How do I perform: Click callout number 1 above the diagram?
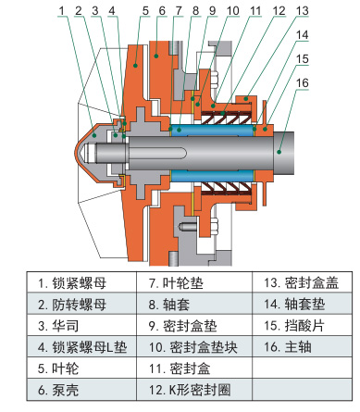coord(61,10)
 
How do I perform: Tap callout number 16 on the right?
coord(302,82)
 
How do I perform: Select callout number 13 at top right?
coord(302,10)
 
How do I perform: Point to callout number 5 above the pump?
coord(145,10)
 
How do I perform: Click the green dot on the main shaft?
coord(279,152)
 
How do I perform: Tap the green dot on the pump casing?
coord(156,56)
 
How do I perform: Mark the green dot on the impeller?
coord(135,65)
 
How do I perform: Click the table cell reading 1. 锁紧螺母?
coord(81,282)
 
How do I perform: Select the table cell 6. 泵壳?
coord(81,390)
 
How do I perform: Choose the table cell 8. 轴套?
coord(194,304)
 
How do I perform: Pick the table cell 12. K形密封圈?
coord(194,390)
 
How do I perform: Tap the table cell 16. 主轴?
coord(302,347)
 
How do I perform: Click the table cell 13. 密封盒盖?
coord(302,282)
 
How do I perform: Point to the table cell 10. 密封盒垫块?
coord(194,347)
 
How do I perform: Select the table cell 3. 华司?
coord(81,326)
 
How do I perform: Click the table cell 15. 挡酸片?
coord(302,326)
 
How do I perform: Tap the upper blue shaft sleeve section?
coord(212,131)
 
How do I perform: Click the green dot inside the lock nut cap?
coord(94,135)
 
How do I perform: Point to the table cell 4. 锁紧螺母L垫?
coord(81,347)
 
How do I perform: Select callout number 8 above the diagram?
coord(195,10)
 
